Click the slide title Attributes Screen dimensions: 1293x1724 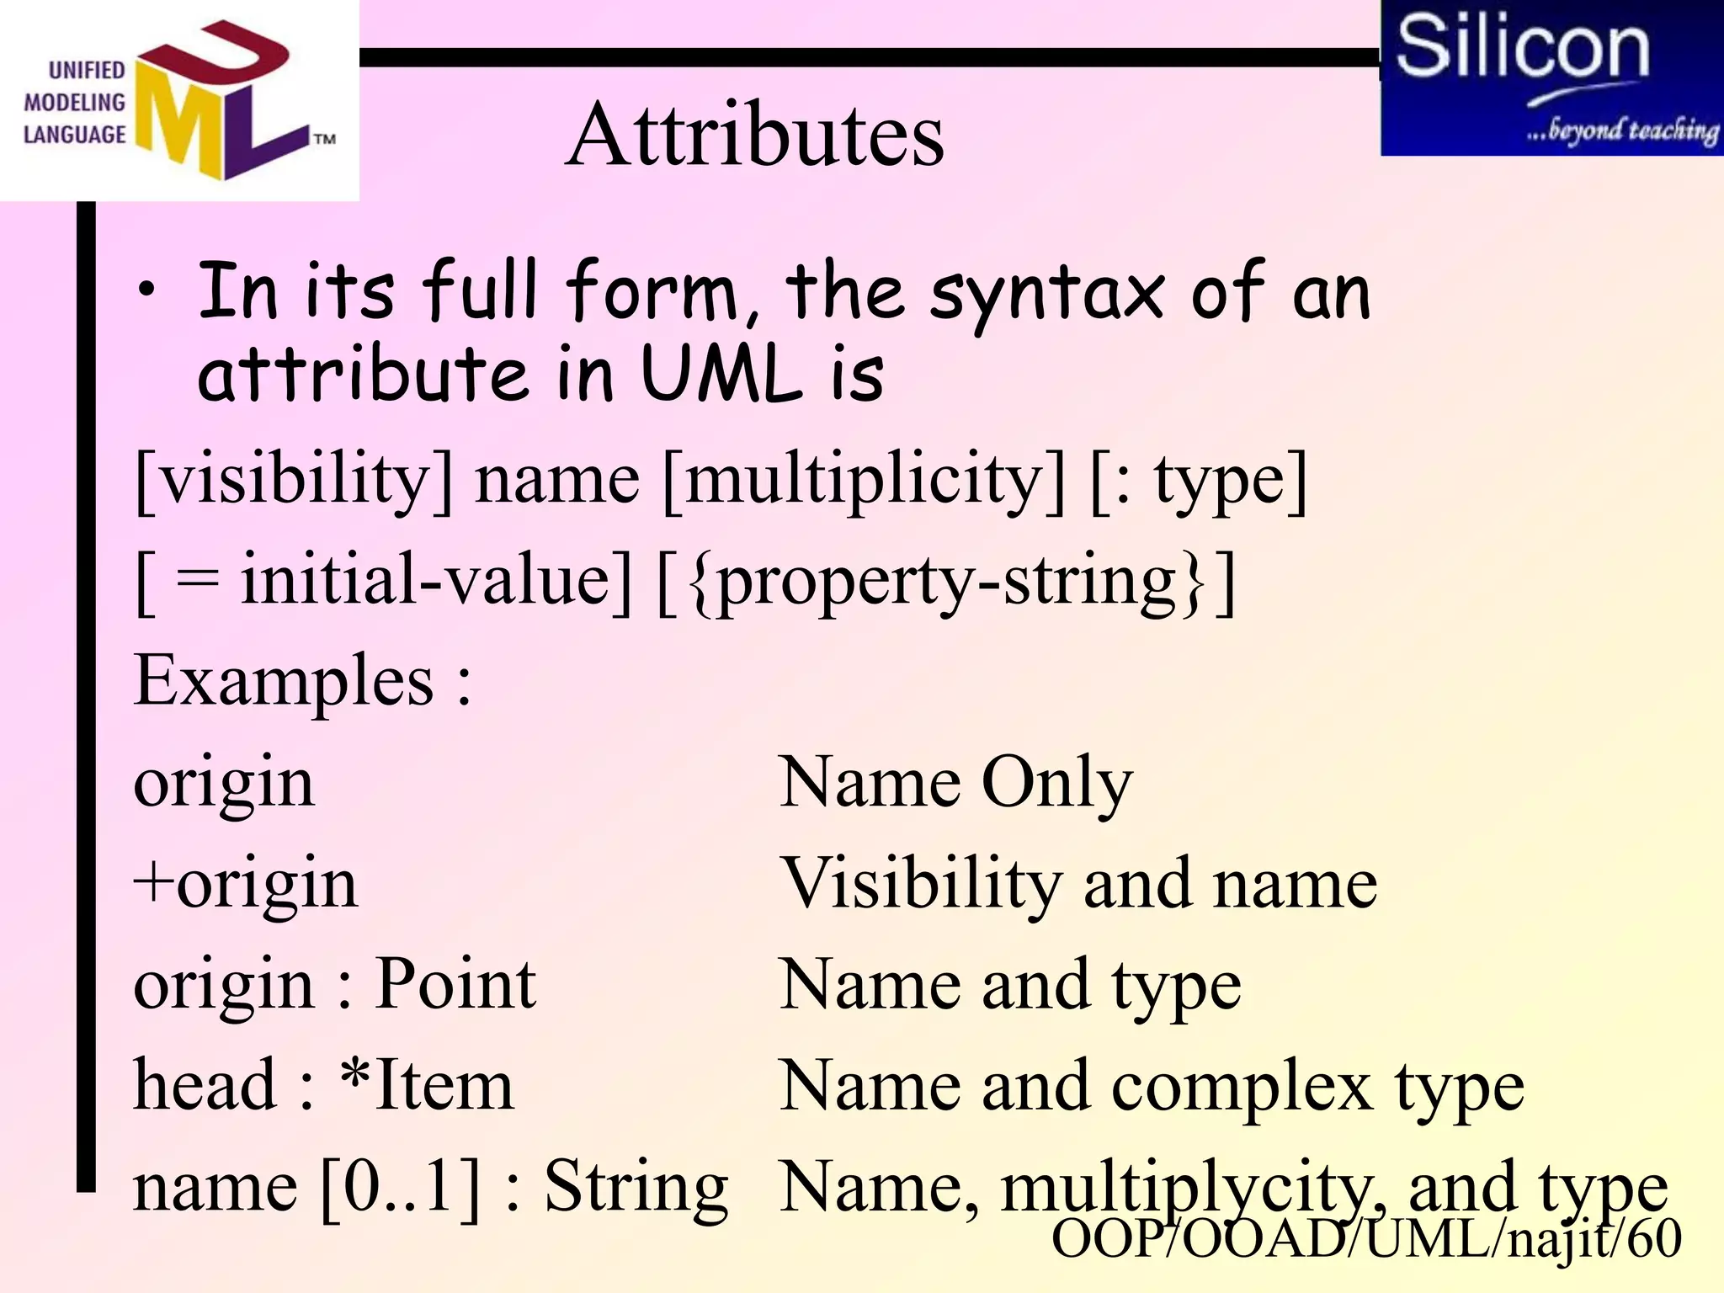(755, 135)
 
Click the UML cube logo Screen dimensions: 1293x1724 (223, 101)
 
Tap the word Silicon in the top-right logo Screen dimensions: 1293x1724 (1522, 47)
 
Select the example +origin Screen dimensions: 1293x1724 (246, 883)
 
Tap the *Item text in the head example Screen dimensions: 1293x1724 (427, 1085)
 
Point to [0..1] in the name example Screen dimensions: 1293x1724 (401, 1186)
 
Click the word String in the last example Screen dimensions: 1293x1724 (636, 1186)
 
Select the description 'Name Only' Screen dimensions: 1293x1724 (955, 782)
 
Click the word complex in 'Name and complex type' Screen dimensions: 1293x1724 (1242, 1086)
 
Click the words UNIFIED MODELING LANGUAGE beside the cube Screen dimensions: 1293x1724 (74, 103)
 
